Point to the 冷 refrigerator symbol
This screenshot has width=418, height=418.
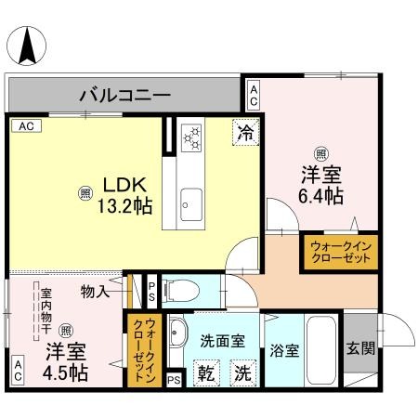(245, 133)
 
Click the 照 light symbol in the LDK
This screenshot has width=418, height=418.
(85, 193)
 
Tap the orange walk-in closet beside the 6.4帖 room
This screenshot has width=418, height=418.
(339, 254)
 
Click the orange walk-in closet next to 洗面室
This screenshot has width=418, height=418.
(144, 345)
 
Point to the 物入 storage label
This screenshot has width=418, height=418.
(96, 291)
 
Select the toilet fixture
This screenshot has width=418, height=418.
(182, 293)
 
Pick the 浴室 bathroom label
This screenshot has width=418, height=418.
(284, 351)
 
